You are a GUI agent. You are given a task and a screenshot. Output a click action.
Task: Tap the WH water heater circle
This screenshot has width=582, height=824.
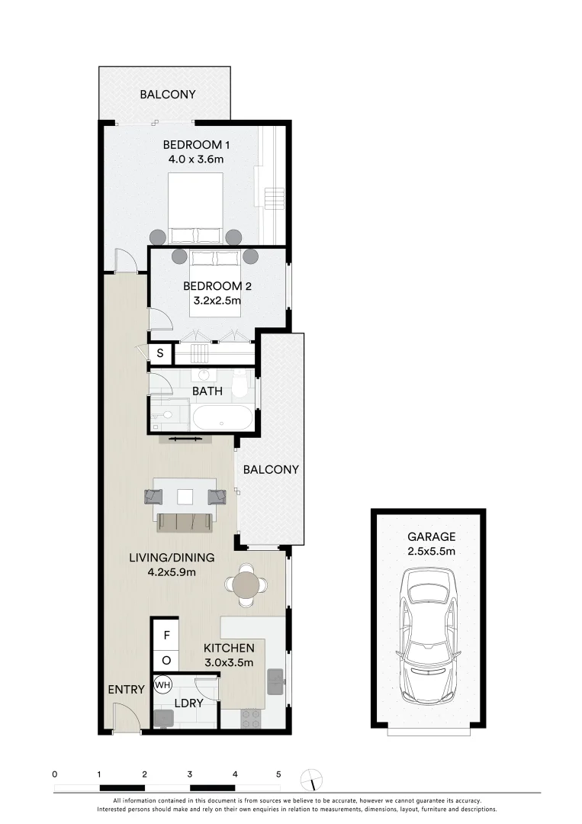coord(162,685)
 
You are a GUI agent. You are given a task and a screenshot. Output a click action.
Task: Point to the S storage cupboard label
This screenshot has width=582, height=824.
coord(160,353)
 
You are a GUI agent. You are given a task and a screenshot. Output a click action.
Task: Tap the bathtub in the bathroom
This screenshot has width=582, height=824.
coord(221,418)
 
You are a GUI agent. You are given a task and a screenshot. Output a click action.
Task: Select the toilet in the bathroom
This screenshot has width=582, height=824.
coord(240,385)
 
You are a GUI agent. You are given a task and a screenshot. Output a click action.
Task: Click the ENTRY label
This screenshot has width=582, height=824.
coord(126,690)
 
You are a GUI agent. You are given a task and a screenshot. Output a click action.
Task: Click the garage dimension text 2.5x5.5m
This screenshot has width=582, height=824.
coord(431,551)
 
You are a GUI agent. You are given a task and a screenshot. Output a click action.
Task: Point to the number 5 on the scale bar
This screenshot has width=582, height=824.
coord(278,774)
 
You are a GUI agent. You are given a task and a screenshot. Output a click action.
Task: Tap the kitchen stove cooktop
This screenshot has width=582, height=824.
coord(251,717)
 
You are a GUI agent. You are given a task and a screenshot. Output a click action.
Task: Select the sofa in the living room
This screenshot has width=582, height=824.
coord(185,523)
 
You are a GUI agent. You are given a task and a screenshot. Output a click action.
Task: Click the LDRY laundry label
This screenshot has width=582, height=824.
coord(189,703)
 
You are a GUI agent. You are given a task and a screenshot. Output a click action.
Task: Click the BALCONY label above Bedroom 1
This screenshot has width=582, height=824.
coord(167,95)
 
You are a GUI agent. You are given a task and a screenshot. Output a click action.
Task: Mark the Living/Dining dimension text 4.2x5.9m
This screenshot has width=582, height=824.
coord(171,572)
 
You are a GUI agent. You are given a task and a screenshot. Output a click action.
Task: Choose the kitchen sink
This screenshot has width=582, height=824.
coord(276,681)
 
